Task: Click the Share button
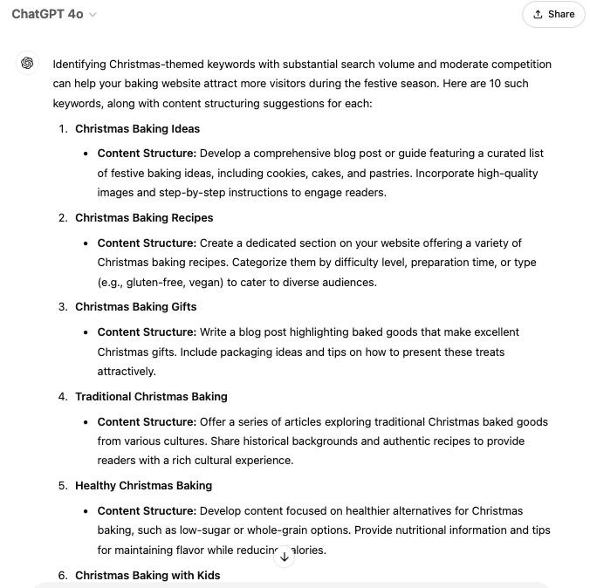click(x=553, y=14)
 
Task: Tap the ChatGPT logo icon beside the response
click(x=28, y=64)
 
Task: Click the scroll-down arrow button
click(x=284, y=557)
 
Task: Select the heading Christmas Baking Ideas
click(x=137, y=128)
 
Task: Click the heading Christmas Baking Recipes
click(x=144, y=217)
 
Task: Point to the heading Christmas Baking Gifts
click(x=135, y=306)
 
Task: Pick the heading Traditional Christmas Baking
click(x=151, y=396)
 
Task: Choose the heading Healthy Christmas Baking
click(x=143, y=485)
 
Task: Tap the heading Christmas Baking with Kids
click(x=147, y=575)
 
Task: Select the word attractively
click(x=127, y=371)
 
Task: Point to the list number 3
click(x=63, y=306)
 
